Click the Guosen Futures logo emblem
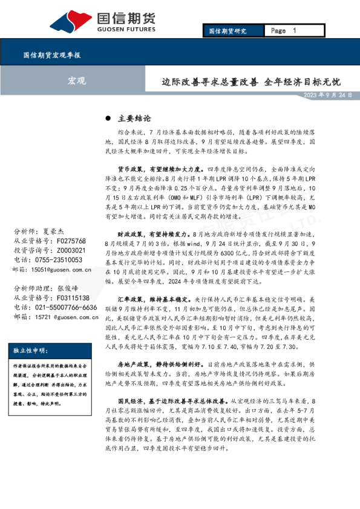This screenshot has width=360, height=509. coord(71,21)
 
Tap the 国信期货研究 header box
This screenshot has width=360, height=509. coord(227,31)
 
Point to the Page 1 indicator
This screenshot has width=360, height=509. coord(283,31)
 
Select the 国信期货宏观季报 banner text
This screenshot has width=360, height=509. coord(53,55)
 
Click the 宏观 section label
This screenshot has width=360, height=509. coord(76,80)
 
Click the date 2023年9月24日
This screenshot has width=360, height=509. coord(327,96)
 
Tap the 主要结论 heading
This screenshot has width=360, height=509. coord(135,118)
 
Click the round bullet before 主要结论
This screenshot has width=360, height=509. coord(109,118)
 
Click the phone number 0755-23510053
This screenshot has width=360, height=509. coord(60,260)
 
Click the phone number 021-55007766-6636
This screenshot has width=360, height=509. coord(65,308)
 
